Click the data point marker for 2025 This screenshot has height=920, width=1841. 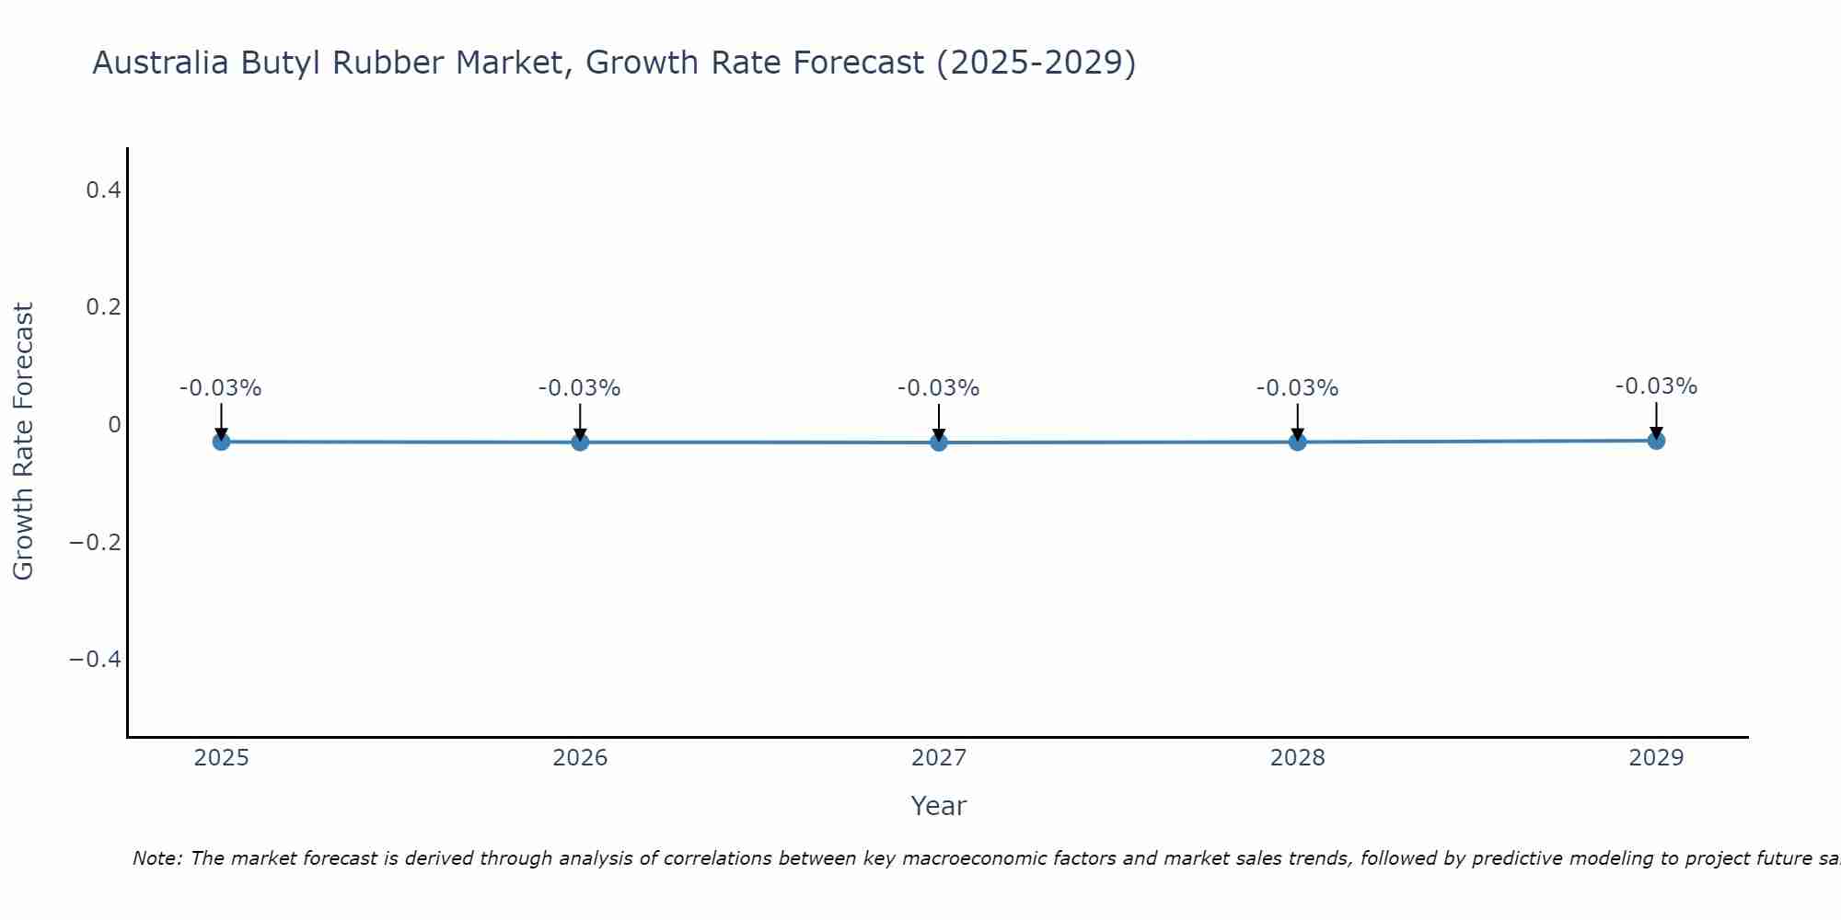coord(221,442)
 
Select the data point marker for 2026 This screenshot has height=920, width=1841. coord(580,442)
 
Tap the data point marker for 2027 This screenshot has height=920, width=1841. coord(939,443)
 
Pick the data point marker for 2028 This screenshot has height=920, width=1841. coord(1297,442)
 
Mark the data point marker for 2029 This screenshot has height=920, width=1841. coord(1656,440)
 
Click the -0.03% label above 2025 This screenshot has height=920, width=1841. coord(221,388)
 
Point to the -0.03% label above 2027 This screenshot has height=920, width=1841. coord(939,388)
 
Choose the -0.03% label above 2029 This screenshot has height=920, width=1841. coord(1656,386)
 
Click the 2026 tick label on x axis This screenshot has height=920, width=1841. coord(580,758)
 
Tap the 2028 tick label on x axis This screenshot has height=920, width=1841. coord(1297,758)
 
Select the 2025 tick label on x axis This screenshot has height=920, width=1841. coord(221,758)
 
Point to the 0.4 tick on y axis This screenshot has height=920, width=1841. coord(103,190)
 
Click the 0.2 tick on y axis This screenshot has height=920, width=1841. coord(103,307)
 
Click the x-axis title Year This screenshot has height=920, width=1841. coord(938,806)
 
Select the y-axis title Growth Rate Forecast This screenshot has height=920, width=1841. coord(23,442)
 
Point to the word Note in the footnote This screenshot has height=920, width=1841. coord(157,858)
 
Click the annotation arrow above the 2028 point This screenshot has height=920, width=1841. coord(1297,421)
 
